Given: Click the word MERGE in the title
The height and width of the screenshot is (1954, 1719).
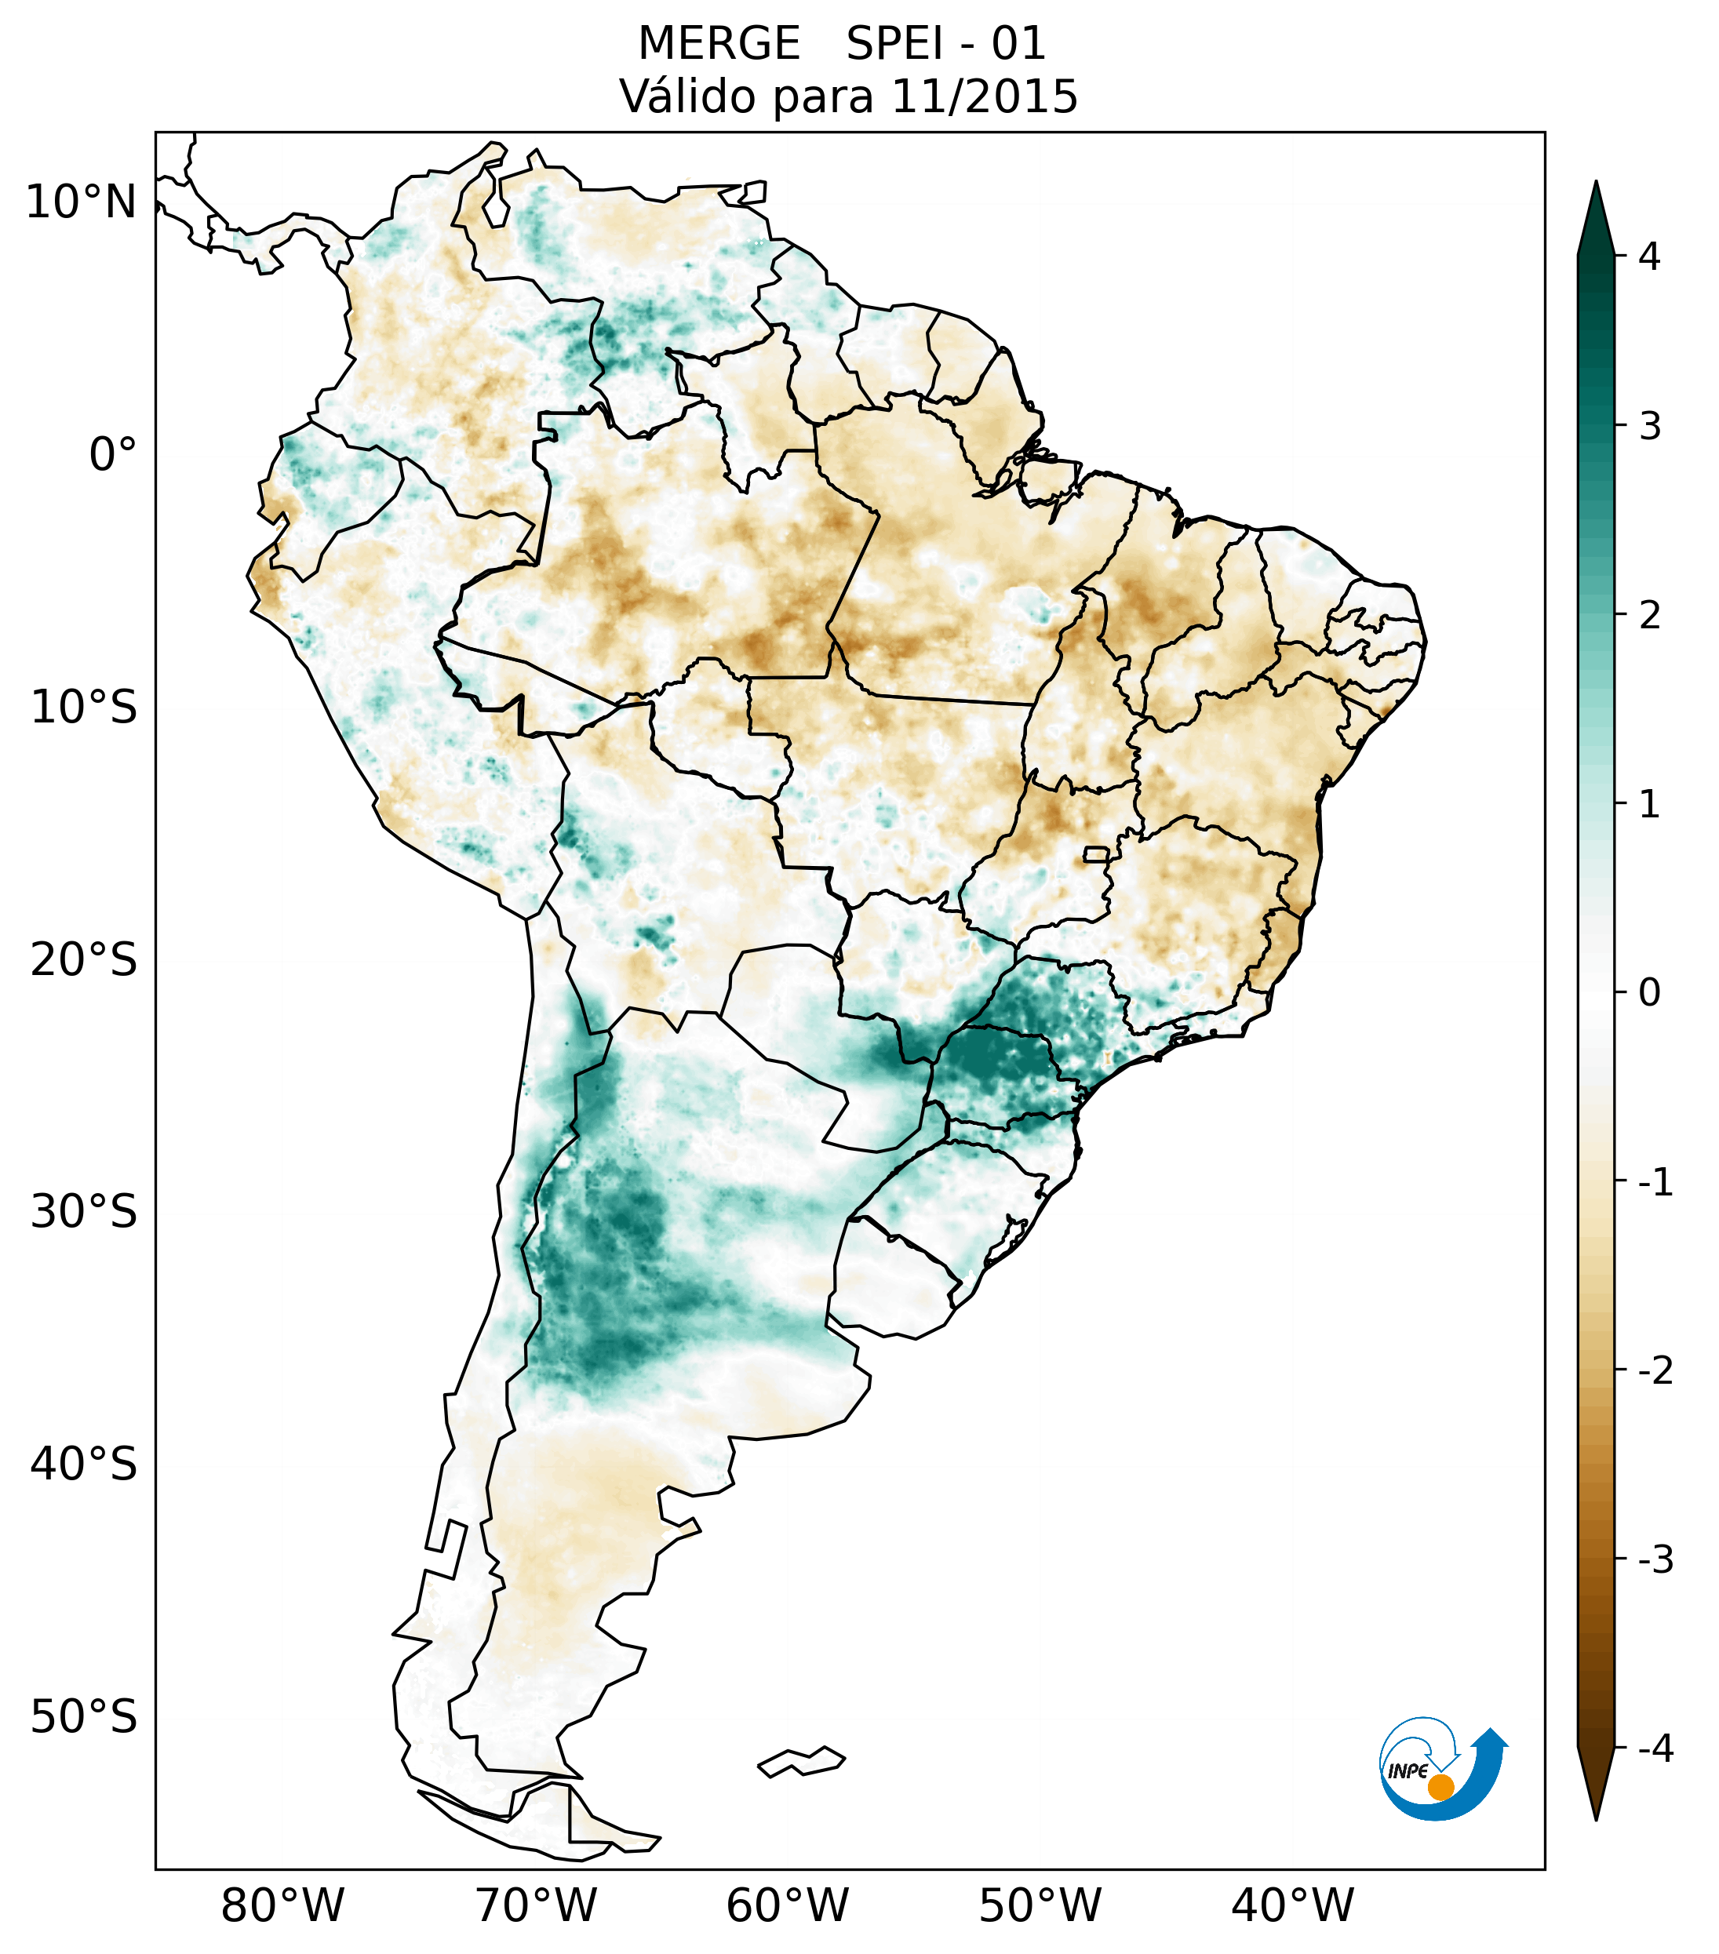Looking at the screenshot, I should (x=719, y=44).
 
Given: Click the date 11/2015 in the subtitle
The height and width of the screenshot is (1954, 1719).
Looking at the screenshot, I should (x=984, y=96).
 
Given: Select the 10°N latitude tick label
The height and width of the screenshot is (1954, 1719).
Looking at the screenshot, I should (x=82, y=202).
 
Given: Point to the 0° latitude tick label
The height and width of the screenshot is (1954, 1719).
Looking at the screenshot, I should (x=113, y=455).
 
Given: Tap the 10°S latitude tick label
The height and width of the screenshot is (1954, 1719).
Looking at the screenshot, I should (x=84, y=708).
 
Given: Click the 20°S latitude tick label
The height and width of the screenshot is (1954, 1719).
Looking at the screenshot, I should (x=84, y=961).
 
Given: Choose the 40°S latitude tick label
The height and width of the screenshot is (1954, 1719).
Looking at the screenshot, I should (x=84, y=1465).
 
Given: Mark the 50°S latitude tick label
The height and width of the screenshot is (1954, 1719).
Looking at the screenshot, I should (x=84, y=1718).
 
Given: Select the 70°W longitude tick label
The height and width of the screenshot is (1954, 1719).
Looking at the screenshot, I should (x=537, y=1906).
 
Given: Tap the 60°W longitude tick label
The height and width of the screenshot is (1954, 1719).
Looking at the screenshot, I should (x=788, y=1906).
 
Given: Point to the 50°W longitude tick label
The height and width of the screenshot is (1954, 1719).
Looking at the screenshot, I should (x=1040, y=1906).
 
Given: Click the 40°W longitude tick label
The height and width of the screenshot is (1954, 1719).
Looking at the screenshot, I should (x=1293, y=1906).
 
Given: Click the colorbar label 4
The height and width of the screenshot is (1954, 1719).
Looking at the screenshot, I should (x=1649, y=257).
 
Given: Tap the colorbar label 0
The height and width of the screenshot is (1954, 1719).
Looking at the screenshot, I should (x=1649, y=993).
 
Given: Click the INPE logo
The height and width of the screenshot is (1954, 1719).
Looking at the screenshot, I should (x=1442, y=1769).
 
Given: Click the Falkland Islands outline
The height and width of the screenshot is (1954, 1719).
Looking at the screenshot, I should (x=801, y=1761).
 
